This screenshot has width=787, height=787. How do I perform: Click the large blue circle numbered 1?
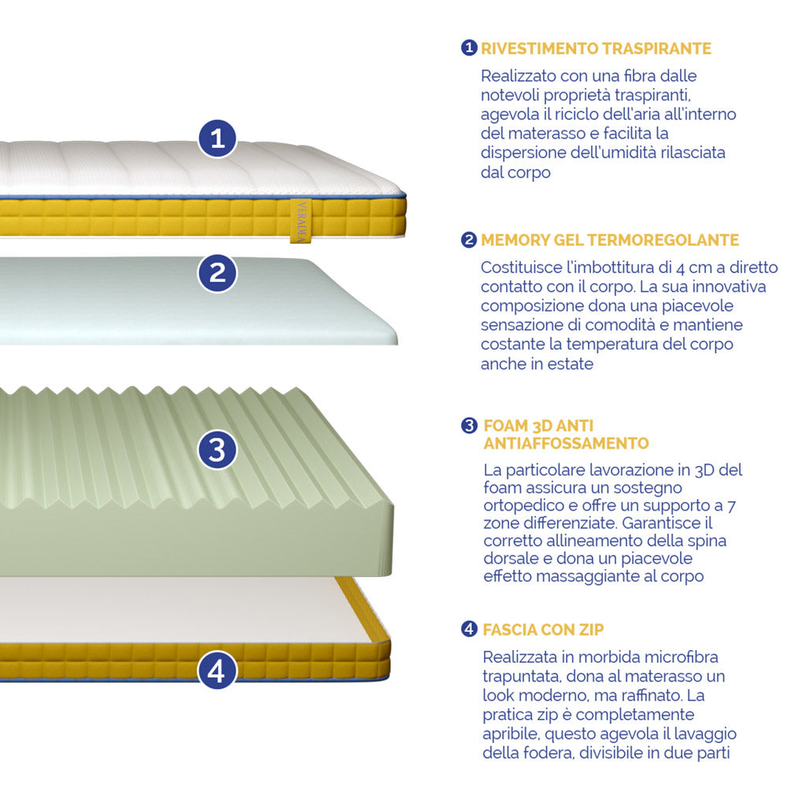pyautogui.click(x=217, y=138)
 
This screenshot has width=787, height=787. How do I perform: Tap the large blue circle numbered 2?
pyautogui.click(x=217, y=273)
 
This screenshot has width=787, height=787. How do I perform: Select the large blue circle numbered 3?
pyautogui.click(x=217, y=449)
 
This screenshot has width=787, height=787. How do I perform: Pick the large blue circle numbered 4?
pyautogui.click(x=217, y=670)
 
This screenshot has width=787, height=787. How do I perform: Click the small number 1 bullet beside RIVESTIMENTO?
pyautogui.click(x=469, y=48)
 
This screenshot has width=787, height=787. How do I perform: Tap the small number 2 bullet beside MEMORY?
pyautogui.click(x=469, y=239)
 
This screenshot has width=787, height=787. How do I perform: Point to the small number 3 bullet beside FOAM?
pyautogui.click(x=469, y=426)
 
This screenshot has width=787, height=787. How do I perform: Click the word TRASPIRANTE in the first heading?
pyautogui.click(x=657, y=49)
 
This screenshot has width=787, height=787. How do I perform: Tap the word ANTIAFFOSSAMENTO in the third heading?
pyautogui.click(x=566, y=443)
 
